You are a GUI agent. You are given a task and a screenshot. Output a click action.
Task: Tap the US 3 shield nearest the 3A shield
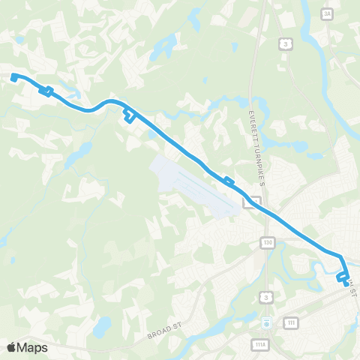click(x=287, y=45)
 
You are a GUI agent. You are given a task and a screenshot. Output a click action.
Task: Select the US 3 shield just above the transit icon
click(x=266, y=298)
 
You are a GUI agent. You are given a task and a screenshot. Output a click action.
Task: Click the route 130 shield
click(x=268, y=242)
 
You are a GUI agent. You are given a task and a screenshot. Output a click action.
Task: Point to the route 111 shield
click(x=289, y=322)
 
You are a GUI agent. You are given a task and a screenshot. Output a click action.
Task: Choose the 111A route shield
click(x=258, y=345)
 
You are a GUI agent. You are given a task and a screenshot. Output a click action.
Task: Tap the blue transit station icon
click(x=266, y=322)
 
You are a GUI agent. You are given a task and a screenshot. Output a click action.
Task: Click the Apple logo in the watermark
click(x=12, y=346)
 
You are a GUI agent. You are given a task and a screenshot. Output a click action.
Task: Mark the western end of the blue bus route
click(x=13, y=76)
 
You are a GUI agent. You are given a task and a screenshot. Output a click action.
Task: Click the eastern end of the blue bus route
click(x=346, y=284)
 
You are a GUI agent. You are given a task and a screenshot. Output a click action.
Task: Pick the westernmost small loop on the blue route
click(x=46, y=91)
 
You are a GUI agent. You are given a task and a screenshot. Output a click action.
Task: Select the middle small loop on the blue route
click(x=130, y=115)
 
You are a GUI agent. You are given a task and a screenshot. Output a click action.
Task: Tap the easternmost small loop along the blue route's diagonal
click(x=228, y=180)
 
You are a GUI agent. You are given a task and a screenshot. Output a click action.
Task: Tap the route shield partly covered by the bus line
click(x=255, y=201)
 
